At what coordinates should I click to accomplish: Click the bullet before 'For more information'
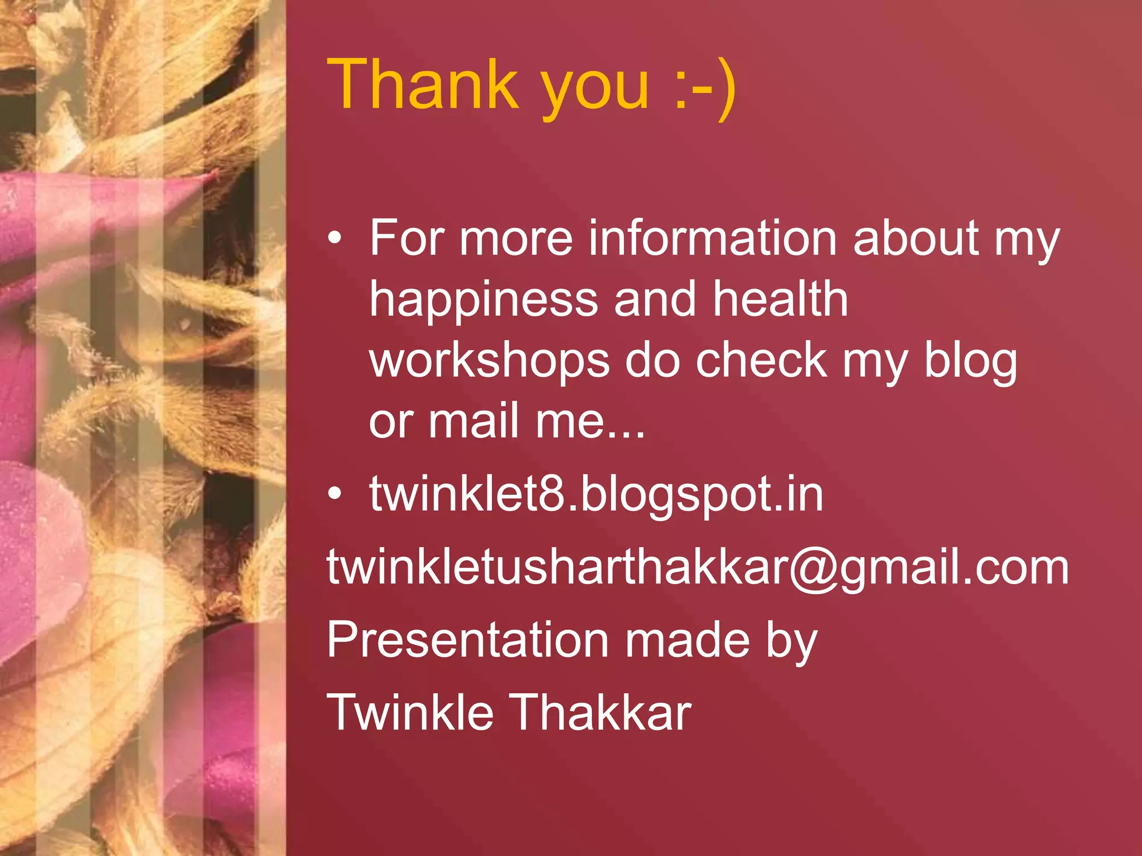pos(334,239)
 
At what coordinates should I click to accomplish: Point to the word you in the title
pos(596,89)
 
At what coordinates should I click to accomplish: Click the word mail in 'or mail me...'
pos(473,421)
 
